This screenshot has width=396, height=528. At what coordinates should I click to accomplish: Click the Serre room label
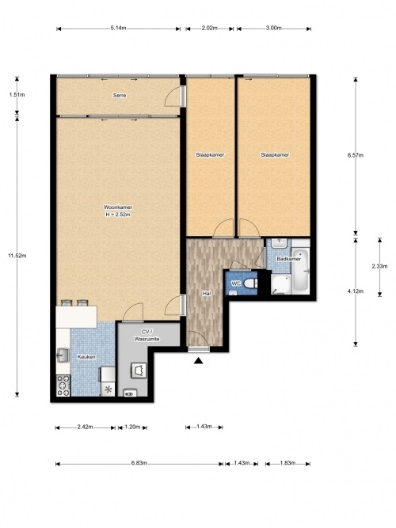(120, 96)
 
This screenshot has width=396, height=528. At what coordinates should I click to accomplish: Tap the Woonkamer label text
(118, 207)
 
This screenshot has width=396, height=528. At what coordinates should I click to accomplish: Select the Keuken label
(86, 357)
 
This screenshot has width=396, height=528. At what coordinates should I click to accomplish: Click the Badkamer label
(288, 259)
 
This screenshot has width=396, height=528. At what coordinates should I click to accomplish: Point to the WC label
(236, 283)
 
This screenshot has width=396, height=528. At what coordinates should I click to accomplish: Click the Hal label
(207, 294)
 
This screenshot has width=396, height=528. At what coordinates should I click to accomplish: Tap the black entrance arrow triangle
(199, 361)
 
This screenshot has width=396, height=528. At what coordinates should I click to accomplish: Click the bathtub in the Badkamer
(301, 271)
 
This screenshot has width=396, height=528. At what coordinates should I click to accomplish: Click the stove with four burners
(63, 386)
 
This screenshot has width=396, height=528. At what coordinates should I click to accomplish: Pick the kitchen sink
(63, 355)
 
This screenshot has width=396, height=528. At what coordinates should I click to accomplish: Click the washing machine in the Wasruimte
(139, 370)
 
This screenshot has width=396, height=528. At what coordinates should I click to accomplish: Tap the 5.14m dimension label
(118, 28)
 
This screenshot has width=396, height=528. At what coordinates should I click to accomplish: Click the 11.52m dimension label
(17, 256)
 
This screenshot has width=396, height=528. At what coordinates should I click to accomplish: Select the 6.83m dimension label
(139, 463)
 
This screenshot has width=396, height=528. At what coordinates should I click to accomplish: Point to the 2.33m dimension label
(380, 266)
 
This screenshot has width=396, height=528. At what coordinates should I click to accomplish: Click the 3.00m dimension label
(274, 28)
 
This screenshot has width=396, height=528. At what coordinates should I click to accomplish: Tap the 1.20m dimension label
(132, 427)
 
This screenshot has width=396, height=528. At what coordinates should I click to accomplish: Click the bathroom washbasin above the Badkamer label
(279, 243)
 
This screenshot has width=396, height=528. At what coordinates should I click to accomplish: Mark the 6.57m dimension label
(356, 155)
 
